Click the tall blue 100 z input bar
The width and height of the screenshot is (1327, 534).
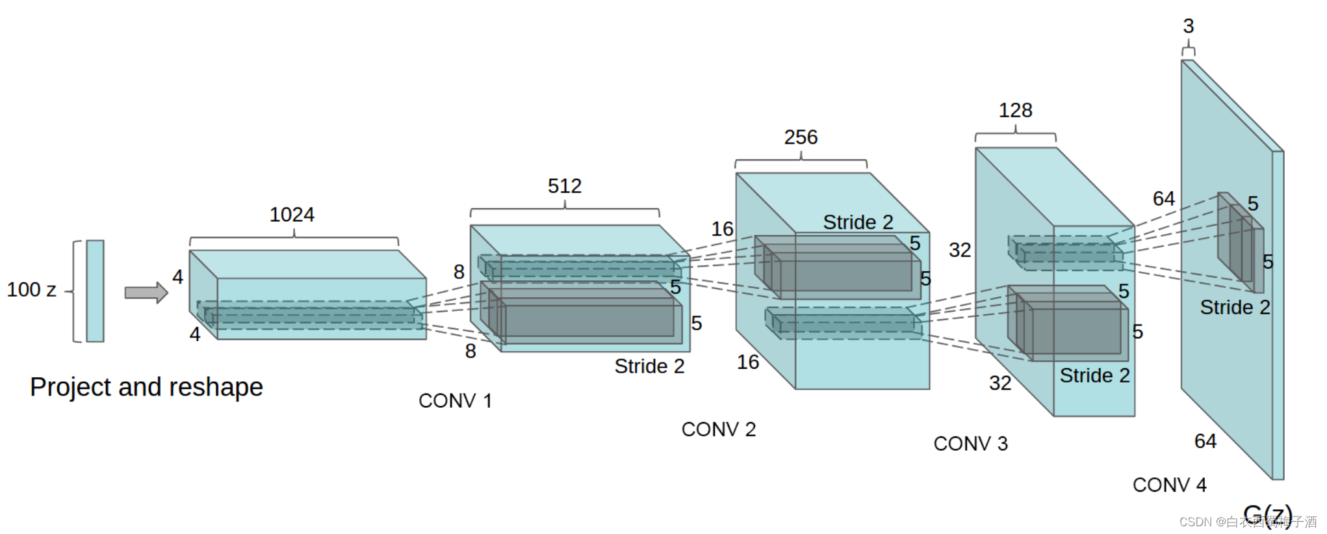point(95,291)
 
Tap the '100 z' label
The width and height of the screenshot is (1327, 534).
point(31,289)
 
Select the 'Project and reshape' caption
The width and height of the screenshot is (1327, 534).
point(146,387)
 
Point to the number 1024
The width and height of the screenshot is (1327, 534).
point(292,215)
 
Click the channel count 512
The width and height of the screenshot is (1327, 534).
point(564,186)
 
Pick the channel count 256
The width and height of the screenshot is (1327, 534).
point(801,137)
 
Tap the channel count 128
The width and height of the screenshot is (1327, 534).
point(1015,111)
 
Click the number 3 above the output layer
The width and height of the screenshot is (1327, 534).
point(1189,26)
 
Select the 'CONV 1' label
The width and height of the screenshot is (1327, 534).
point(455,401)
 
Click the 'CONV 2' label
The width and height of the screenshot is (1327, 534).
point(718,429)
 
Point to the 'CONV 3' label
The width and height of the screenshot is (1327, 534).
point(970,444)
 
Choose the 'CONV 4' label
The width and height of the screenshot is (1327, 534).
point(1169,485)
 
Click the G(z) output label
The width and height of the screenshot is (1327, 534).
point(1267,514)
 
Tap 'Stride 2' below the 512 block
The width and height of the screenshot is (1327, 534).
point(649,366)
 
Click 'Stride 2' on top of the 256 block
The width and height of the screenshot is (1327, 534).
point(858,222)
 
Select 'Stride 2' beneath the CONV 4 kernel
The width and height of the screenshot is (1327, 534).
point(1235,307)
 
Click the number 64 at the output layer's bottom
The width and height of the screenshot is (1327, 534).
point(1205,441)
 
